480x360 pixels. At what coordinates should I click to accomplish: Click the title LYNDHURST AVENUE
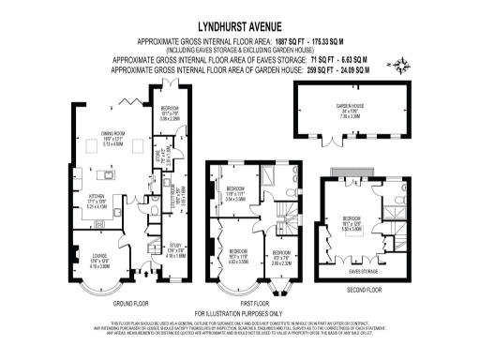[x=239, y=29]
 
